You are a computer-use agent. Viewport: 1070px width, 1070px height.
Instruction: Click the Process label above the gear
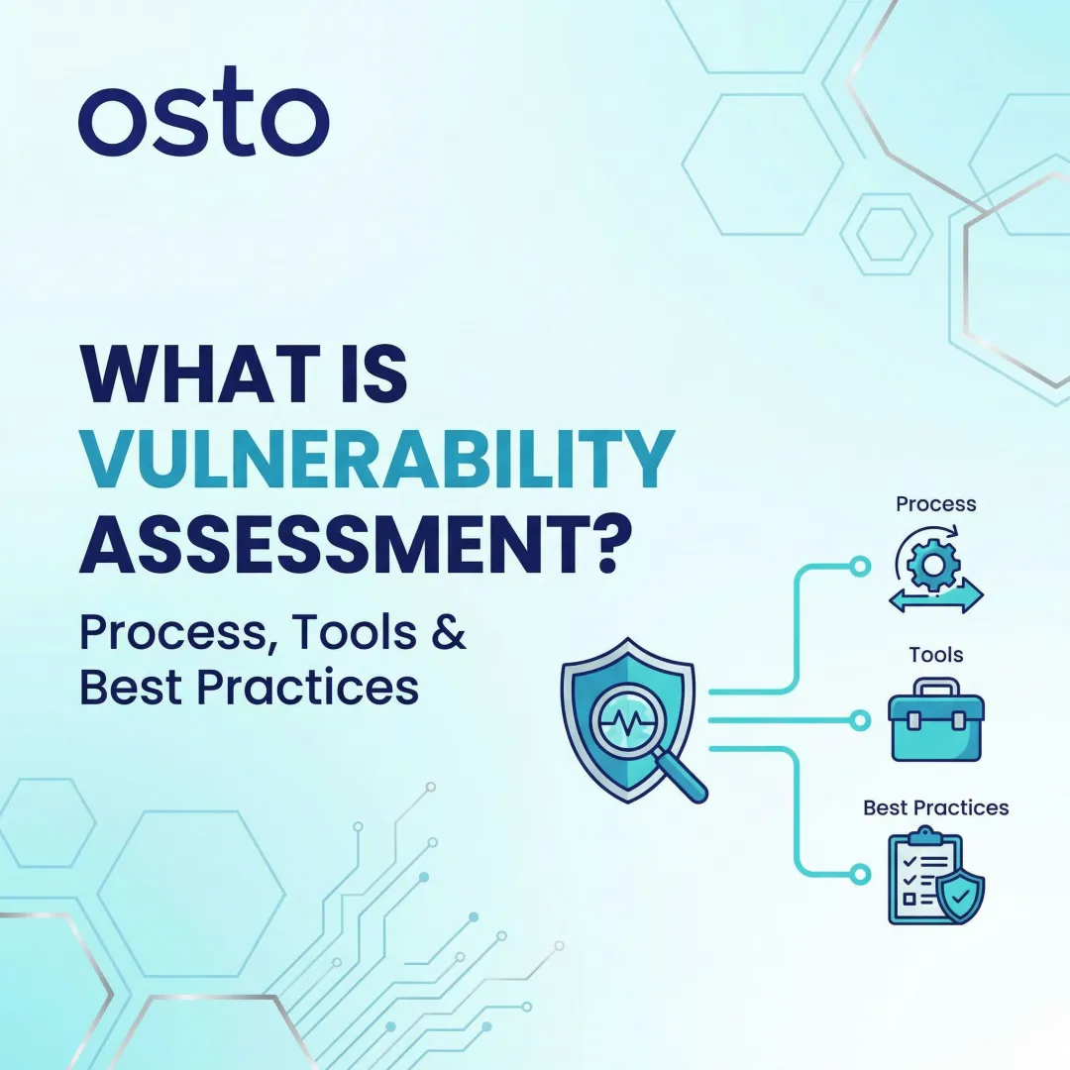[935, 503]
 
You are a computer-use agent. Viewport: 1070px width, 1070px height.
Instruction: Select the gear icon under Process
[932, 565]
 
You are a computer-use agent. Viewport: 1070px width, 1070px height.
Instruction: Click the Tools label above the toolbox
[935, 655]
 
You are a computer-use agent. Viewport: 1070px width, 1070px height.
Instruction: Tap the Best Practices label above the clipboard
[935, 807]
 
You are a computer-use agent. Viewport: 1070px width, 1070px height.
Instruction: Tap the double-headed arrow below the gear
[935, 597]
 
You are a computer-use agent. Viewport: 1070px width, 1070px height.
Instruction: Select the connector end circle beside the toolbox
[860, 720]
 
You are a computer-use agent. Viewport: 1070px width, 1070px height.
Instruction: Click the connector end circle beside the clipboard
[860, 874]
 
